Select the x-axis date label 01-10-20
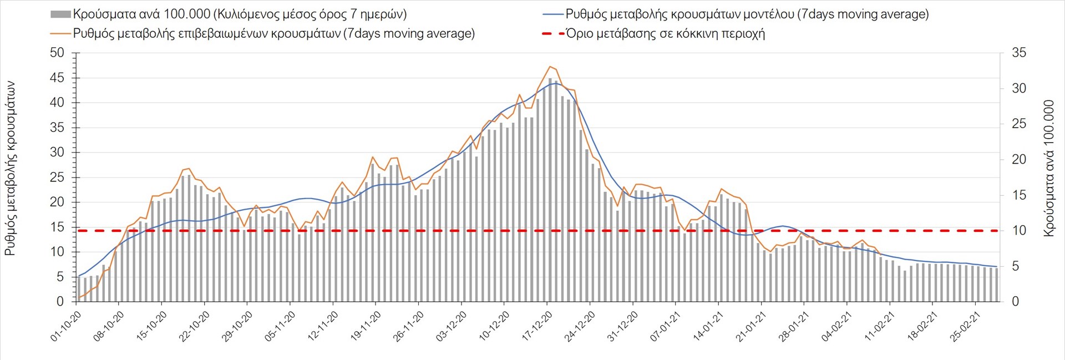point(66,326)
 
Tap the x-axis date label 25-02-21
point(966,326)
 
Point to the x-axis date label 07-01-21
point(666,326)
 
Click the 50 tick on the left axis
point(57,53)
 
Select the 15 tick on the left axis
point(57,227)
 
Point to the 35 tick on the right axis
point(1019,53)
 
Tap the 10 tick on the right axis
point(1019,231)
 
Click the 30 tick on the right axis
point(1019,89)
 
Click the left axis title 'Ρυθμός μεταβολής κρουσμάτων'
point(10,168)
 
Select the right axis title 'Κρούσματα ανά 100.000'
point(1048,168)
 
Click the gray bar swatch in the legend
point(60,14)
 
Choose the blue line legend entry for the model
point(747,14)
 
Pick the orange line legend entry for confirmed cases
point(273,34)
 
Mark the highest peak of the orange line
point(550,67)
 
